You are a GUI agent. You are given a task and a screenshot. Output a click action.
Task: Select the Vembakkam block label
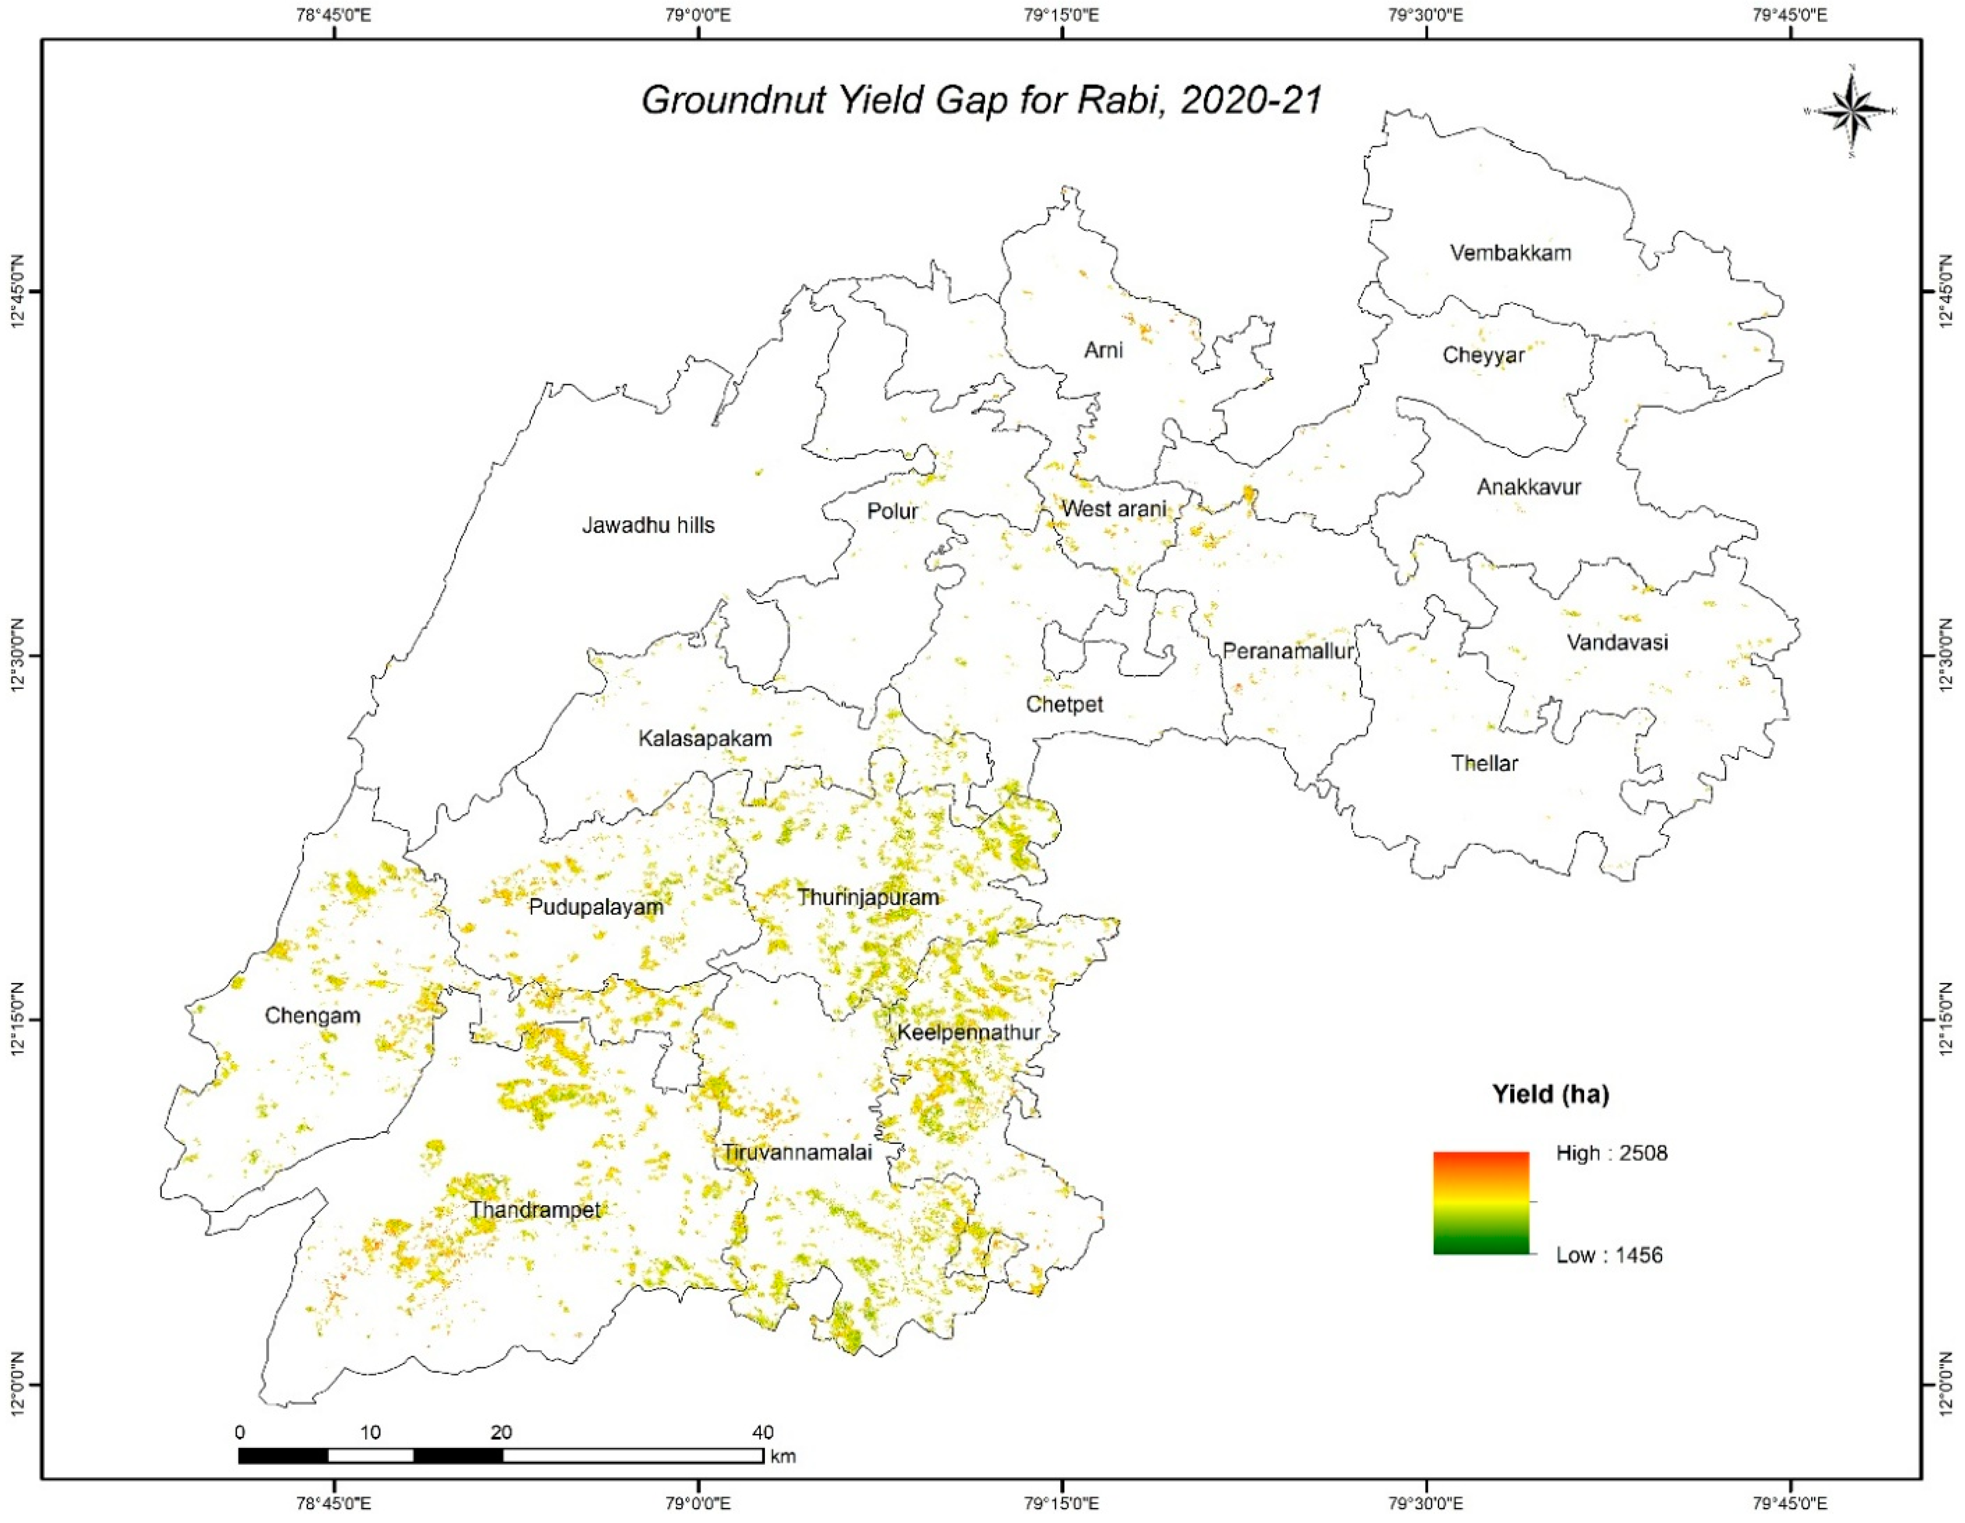pos(1511,253)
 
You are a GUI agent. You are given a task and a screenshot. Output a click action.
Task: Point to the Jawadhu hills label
pos(648,526)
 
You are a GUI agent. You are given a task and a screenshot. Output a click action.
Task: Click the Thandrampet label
pos(534,1210)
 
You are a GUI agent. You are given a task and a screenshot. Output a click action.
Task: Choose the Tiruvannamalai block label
pos(797,1152)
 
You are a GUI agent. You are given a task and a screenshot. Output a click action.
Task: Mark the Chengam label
pos(312,1015)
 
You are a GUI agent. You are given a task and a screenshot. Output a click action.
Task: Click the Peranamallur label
pos(1288,651)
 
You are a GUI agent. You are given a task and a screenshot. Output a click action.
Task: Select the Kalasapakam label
pos(704,739)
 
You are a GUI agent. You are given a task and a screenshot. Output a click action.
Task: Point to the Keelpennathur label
pos(968,1033)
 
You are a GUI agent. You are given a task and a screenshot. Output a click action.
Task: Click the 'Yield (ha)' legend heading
pos(1550,1093)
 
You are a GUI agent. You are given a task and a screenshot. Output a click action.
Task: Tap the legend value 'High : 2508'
pos(1612,1153)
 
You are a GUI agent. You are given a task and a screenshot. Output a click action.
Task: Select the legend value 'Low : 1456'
pos(1609,1255)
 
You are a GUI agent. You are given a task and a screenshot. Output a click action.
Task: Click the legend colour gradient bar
pos(1481,1203)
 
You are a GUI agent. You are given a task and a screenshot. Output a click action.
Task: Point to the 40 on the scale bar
pos(763,1432)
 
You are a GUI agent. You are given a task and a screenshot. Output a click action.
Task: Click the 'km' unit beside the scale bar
pos(784,1456)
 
